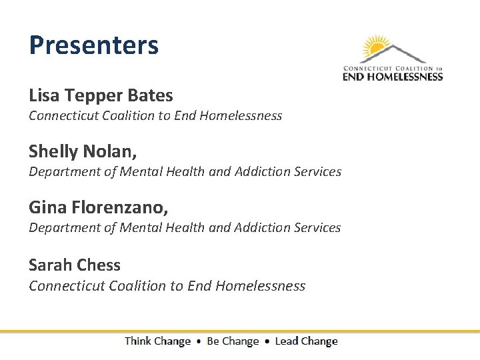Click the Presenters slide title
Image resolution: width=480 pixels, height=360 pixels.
pos(93,45)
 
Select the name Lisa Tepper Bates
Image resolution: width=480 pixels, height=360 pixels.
pos(101,96)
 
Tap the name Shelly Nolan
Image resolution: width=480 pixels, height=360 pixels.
pos(83,152)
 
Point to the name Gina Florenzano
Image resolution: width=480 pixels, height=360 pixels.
pos(98,208)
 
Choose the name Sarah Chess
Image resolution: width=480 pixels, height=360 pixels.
pos(75,265)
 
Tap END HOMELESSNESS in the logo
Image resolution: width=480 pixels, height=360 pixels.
pos(393,77)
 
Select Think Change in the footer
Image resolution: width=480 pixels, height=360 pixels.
pos(157,341)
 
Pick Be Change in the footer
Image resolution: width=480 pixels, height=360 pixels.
pos(233,341)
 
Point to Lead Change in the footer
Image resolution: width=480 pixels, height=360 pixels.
pos(306,341)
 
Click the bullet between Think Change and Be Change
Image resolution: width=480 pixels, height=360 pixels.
pos(199,341)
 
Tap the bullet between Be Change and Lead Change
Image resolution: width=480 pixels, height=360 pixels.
pos(267,341)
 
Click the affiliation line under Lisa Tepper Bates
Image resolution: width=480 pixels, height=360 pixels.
pos(155,116)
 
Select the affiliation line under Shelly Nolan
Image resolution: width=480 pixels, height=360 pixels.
pos(185,172)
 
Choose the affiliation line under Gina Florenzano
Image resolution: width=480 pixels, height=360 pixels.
pos(185,228)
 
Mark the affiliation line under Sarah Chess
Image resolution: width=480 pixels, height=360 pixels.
pos(167,286)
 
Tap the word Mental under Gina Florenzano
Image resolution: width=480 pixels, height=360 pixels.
pos(140,228)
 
